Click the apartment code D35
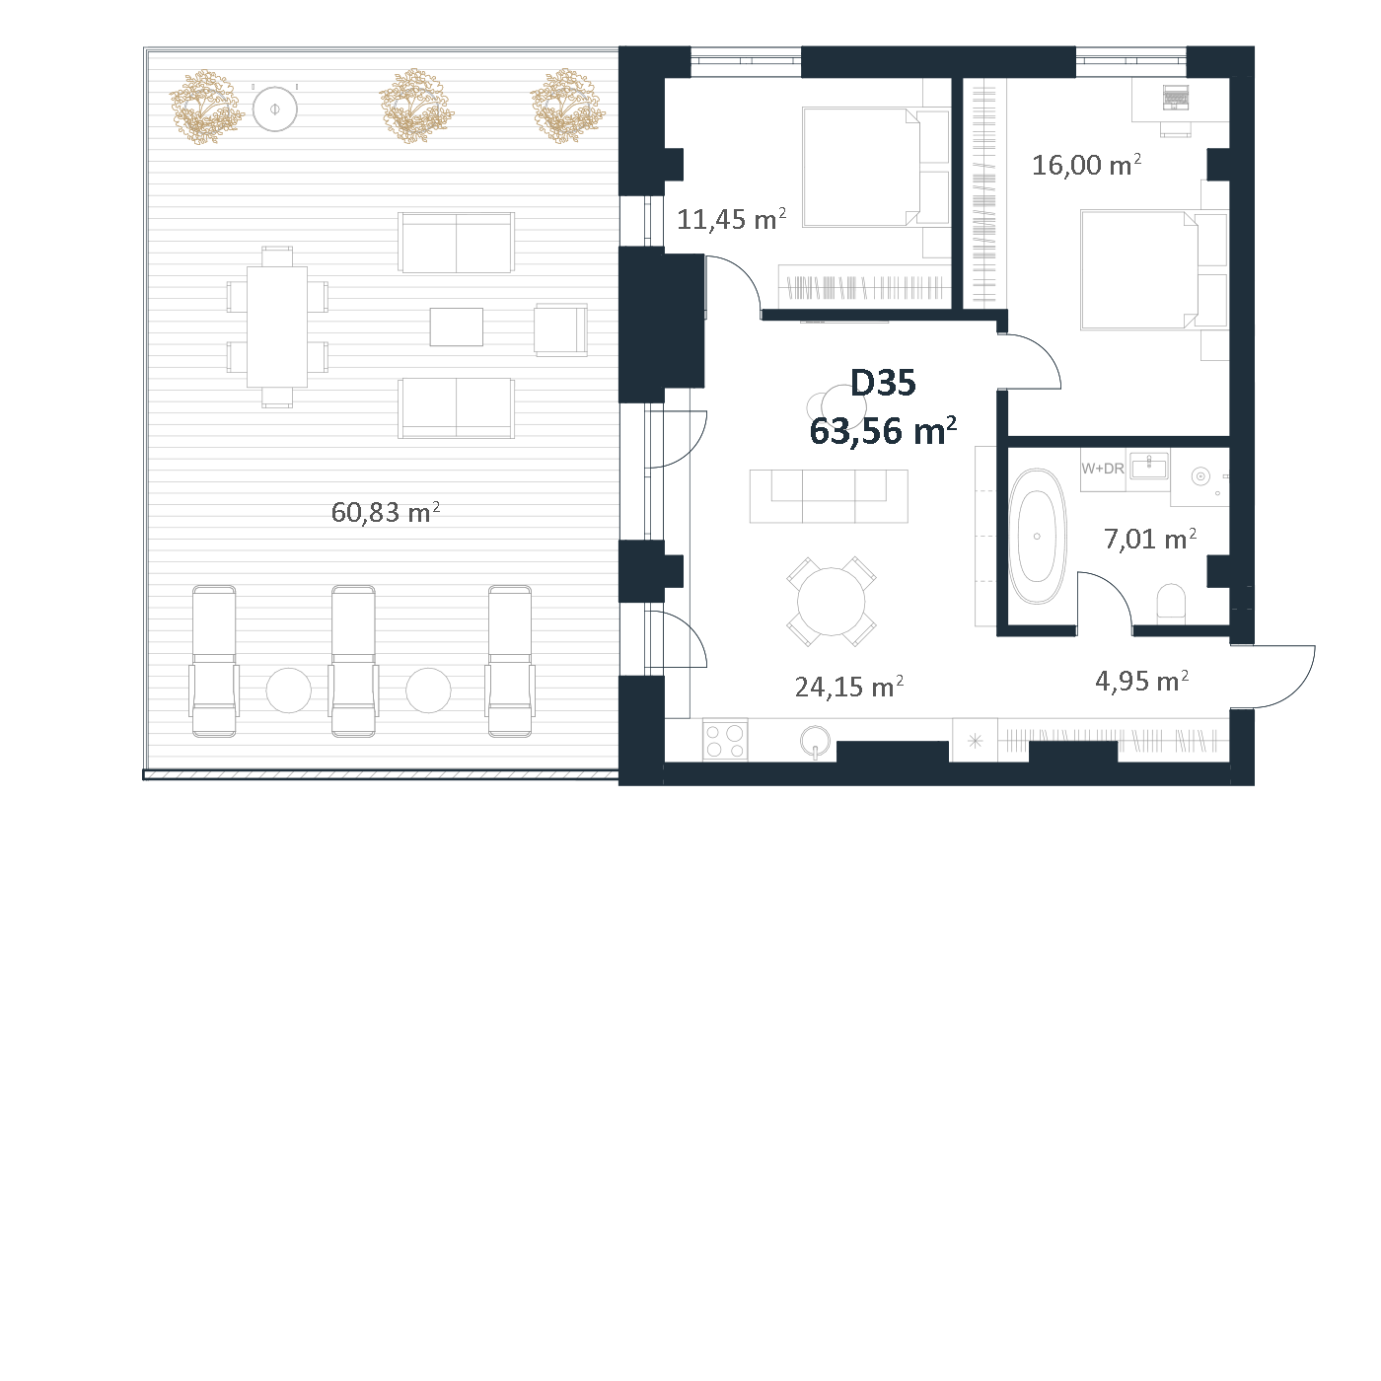tap(882, 383)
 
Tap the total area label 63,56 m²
tap(883, 431)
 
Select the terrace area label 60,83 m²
tap(386, 512)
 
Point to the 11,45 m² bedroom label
tap(731, 219)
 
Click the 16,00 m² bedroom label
tap(1086, 165)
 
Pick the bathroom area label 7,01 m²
tap(1149, 539)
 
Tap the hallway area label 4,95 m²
tap(1141, 681)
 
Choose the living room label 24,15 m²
tap(848, 687)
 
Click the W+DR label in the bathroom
tap(1102, 469)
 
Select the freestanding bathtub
tap(1037, 536)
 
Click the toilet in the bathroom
tap(1171, 602)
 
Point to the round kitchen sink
tap(815, 740)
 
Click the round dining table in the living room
tap(832, 602)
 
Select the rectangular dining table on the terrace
tap(277, 327)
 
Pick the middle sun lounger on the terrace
tap(353, 661)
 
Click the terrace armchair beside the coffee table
tap(560, 329)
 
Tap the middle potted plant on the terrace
tap(417, 107)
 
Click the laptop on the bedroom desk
tap(1175, 98)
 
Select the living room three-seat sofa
tap(830, 496)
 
